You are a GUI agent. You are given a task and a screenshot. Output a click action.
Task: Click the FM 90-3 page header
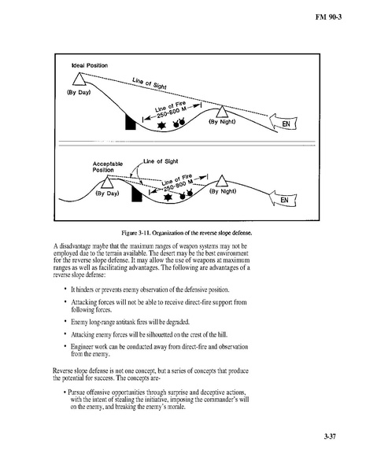328,17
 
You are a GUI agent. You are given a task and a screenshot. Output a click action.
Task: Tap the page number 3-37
330,437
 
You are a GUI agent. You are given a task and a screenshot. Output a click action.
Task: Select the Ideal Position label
90,65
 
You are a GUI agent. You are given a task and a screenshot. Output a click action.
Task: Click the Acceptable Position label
108,167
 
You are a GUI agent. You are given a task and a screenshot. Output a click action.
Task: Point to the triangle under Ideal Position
79,79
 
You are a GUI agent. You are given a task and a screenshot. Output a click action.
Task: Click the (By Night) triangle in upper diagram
222,112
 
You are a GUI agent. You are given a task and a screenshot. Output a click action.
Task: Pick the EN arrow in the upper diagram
283,123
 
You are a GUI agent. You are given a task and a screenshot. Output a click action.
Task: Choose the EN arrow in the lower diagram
283,199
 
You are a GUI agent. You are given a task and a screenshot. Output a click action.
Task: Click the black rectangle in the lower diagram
136,194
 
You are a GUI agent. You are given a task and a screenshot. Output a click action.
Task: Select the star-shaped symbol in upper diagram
162,126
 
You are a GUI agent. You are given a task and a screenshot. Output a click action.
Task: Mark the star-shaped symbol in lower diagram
168,197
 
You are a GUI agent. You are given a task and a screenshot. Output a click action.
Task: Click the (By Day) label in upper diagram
79,92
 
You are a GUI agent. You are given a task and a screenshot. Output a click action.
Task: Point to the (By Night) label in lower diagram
223,191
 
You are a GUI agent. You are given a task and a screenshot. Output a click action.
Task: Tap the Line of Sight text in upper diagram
149,83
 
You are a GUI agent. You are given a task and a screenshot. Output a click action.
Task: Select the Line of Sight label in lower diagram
161,161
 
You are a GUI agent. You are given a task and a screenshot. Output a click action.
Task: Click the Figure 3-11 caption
187,233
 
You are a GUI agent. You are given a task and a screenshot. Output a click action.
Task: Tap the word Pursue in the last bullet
76,393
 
